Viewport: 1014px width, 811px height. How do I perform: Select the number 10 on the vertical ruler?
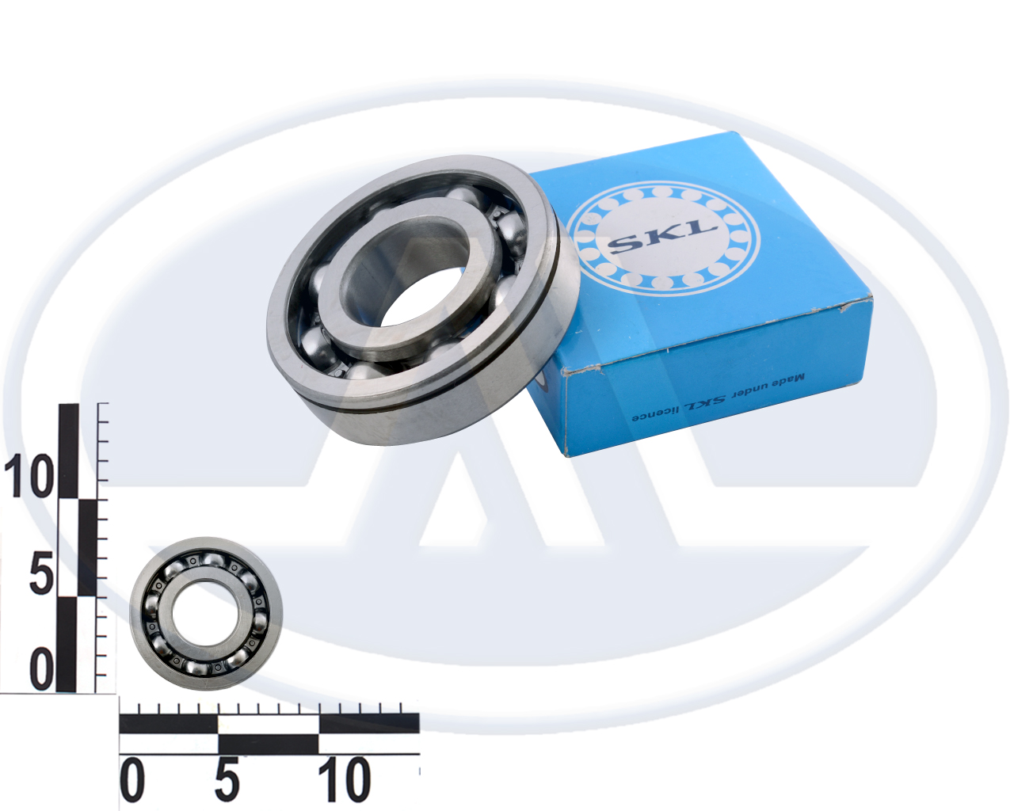point(29,476)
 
